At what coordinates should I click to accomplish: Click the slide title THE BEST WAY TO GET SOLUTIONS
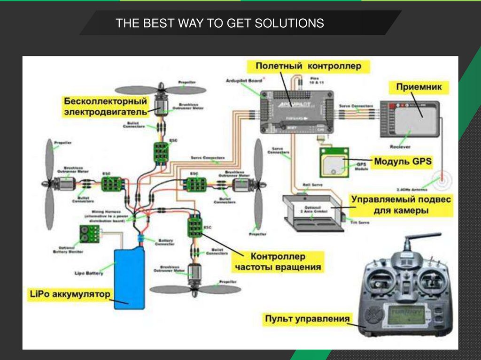point(220,23)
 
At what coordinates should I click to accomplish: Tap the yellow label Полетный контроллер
point(308,66)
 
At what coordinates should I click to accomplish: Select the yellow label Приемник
point(416,87)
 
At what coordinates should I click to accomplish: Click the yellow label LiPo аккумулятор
point(69,294)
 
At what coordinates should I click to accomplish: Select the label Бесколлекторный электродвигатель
point(105,107)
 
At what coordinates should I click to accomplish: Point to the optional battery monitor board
point(88,234)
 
